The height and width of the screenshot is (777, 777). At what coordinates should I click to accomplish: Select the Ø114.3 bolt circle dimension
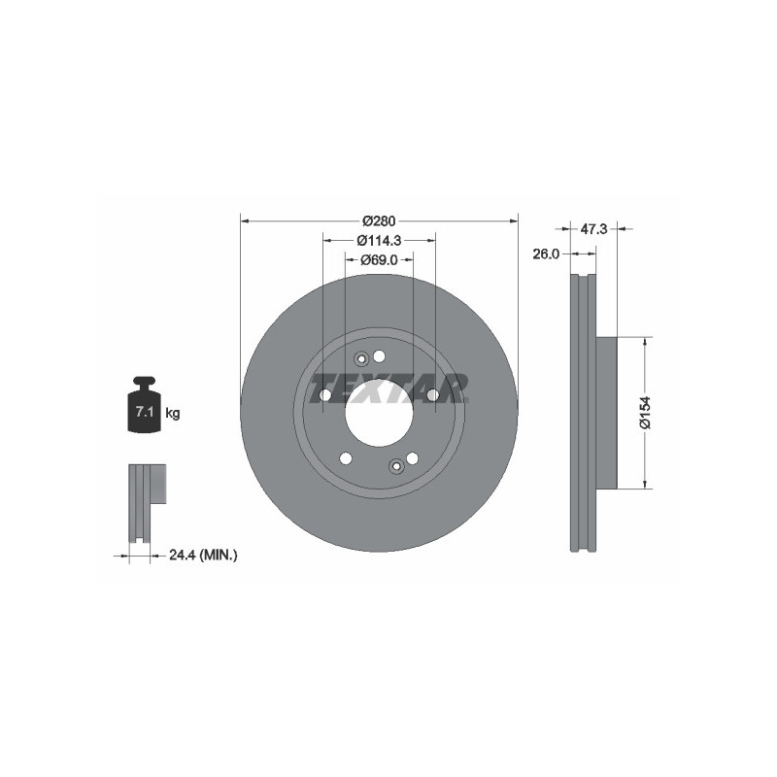pos(378,240)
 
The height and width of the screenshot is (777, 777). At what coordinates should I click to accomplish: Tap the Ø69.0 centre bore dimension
pos(379,259)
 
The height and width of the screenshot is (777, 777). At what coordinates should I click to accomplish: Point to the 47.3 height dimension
pos(592,229)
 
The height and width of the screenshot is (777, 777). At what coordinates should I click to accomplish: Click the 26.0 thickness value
pos(547,253)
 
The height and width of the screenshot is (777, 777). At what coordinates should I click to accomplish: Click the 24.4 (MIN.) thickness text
pos(203,555)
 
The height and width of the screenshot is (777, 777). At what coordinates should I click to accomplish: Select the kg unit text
pos(172,414)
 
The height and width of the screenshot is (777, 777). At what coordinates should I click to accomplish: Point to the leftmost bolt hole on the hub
pos(324,394)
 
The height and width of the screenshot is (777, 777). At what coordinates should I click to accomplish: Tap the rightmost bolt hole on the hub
pos(433,394)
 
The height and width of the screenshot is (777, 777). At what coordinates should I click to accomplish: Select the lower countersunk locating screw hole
pos(395,466)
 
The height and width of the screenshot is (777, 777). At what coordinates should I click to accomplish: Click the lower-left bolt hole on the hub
pos(346,458)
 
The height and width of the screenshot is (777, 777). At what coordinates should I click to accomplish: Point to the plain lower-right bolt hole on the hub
pos(412,457)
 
